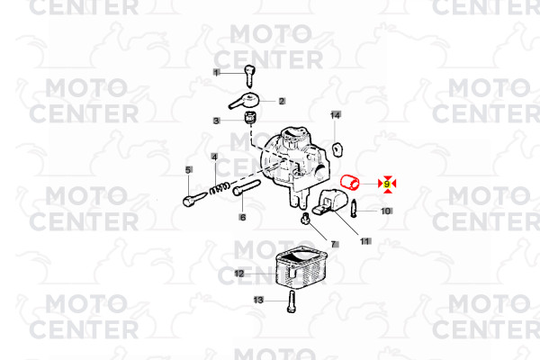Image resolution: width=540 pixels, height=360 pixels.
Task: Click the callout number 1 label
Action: coord(216,73)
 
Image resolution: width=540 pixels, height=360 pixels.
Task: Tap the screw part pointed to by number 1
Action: coord(249,76)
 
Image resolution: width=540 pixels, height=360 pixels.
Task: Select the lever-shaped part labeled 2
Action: coord(245,100)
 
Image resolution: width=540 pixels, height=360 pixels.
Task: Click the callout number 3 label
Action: coord(216,121)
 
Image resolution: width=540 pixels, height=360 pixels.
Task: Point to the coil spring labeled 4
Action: coord(220,188)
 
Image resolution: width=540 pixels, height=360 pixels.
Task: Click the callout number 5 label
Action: coord(188,170)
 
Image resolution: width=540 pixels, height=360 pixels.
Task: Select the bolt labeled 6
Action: coord(247,187)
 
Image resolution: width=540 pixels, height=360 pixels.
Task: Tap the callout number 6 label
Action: coord(243,218)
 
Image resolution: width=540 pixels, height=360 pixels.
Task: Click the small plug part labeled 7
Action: coord(304,218)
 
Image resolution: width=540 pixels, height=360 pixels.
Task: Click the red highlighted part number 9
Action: coord(350,183)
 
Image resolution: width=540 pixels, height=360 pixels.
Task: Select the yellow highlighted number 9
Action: coord(387,184)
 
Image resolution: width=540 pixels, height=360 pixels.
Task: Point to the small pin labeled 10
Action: coord(355,209)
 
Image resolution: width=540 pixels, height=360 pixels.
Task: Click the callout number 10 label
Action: coord(386,211)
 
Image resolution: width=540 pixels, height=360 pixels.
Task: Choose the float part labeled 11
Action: coord(328,203)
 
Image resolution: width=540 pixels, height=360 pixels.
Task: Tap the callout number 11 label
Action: coord(365,241)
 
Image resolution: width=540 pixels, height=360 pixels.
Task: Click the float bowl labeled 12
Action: coord(301,267)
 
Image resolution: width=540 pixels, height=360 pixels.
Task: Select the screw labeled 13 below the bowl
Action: coord(292,301)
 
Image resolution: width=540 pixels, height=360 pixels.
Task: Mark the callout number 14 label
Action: coord(336,115)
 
